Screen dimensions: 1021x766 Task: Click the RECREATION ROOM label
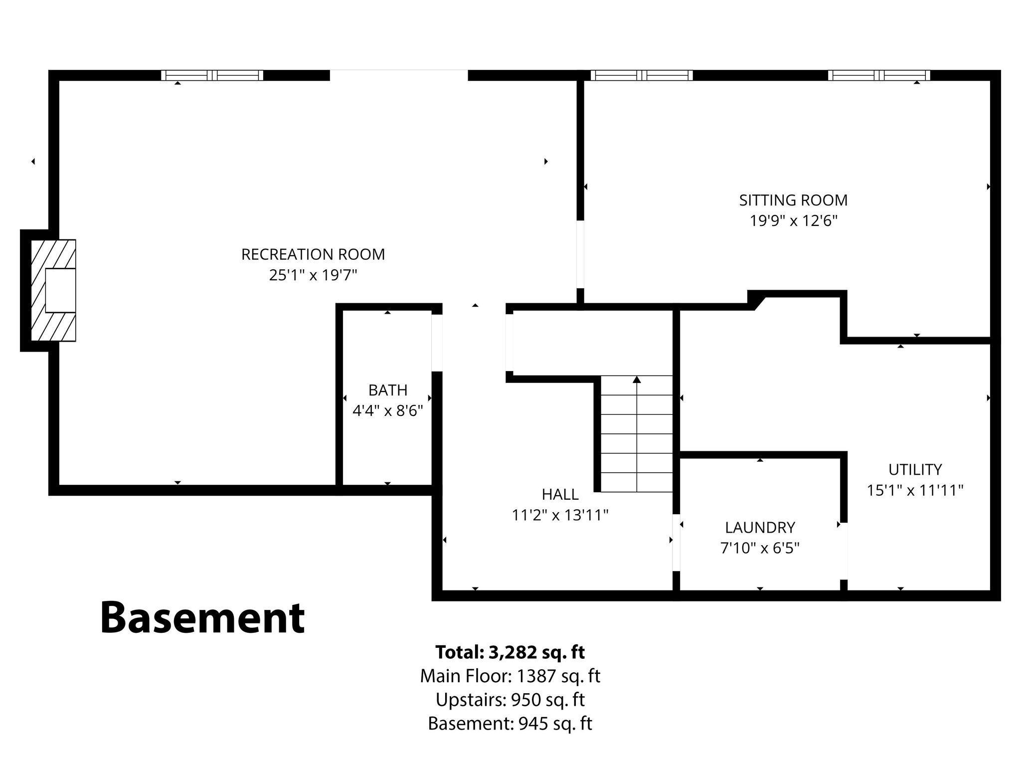313,254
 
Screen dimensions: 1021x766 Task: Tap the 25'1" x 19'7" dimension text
313,275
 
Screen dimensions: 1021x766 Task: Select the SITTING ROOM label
793,200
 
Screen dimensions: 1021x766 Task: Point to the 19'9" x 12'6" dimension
793,220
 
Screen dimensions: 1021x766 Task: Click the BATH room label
388,389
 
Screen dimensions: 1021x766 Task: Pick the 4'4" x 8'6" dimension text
388,410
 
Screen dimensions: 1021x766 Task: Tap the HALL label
560,494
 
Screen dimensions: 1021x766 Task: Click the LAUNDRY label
760,527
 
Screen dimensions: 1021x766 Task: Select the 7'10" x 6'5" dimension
760,548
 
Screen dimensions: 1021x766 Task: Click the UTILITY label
915,469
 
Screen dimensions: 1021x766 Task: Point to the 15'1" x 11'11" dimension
915,490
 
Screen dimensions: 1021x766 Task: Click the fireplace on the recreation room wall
53,290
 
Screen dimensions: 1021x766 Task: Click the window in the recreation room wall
212,75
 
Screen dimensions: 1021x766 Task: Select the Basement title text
202,617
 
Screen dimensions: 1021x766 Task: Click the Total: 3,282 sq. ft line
510,652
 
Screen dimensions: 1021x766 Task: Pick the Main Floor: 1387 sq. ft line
510,676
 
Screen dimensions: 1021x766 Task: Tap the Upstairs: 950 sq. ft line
510,700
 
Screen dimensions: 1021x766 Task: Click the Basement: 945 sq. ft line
510,723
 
